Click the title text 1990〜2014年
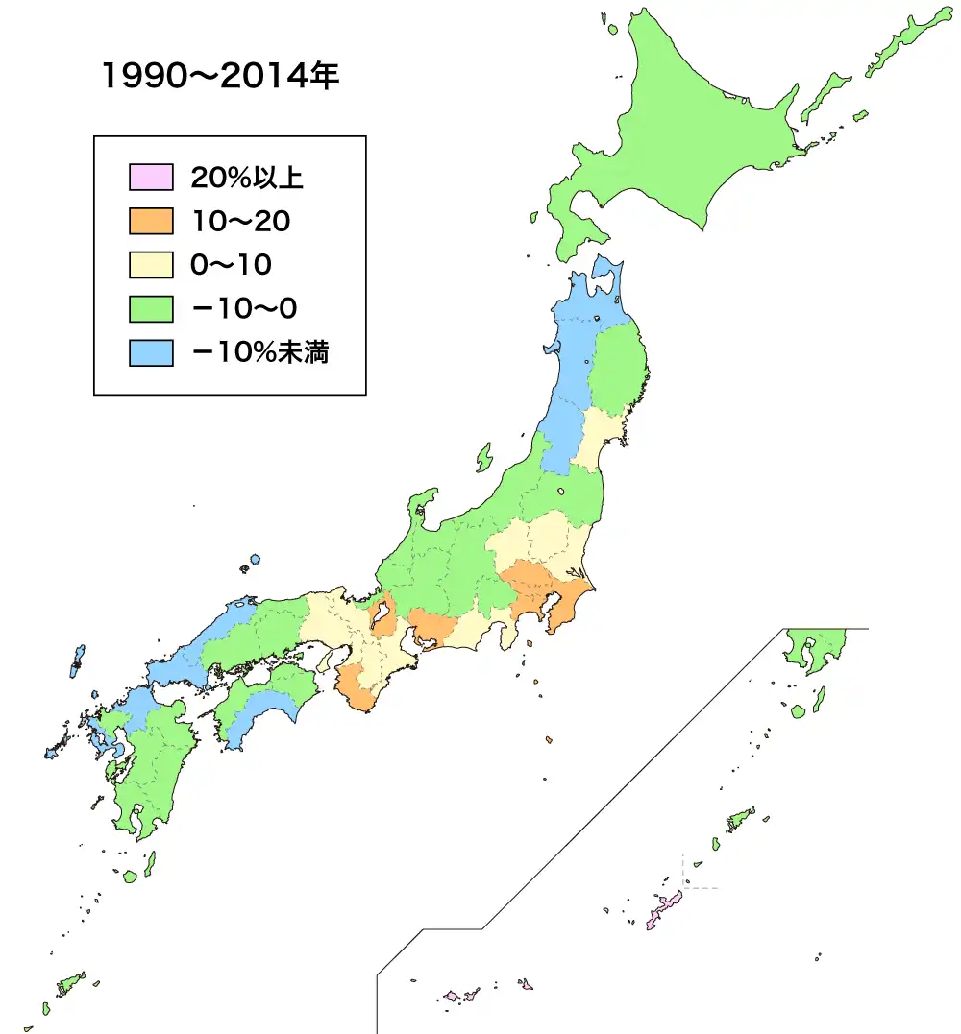(x=220, y=78)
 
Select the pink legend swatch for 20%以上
(x=151, y=178)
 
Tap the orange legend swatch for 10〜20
(x=151, y=222)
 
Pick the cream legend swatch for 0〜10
(x=151, y=265)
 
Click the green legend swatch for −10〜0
(x=151, y=309)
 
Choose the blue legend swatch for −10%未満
(x=151, y=353)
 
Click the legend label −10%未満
(x=260, y=353)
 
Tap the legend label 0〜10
(x=231, y=265)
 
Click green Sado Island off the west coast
(x=483, y=457)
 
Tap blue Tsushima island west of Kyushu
(x=77, y=662)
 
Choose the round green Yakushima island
(x=130, y=876)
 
